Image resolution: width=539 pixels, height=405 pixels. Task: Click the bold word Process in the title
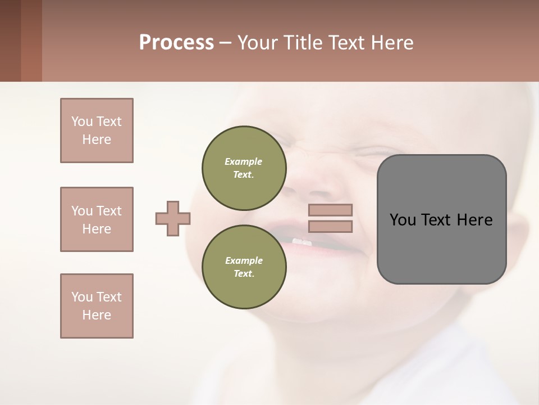click(x=176, y=43)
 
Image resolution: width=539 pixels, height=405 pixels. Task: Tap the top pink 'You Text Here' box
click(x=97, y=130)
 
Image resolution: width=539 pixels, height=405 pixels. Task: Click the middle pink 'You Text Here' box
click(x=97, y=219)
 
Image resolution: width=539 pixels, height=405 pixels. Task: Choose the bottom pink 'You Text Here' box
click(x=97, y=306)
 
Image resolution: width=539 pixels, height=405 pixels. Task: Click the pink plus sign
click(x=173, y=218)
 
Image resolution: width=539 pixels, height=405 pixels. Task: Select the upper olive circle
click(x=244, y=168)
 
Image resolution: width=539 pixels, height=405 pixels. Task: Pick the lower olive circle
click(x=244, y=267)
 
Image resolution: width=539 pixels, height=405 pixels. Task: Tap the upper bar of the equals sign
click(x=331, y=210)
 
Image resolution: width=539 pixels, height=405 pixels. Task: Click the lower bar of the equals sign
click(x=331, y=227)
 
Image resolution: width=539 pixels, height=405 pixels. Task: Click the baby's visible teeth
click(x=302, y=242)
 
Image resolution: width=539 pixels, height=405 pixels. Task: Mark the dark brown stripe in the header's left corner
click(x=10, y=40)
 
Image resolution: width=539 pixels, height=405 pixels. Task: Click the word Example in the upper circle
click(x=244, y=161)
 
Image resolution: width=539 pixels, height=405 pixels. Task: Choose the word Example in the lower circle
click(x=244, y=260)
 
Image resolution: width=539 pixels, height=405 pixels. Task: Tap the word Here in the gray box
click(x=474, y=220)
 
